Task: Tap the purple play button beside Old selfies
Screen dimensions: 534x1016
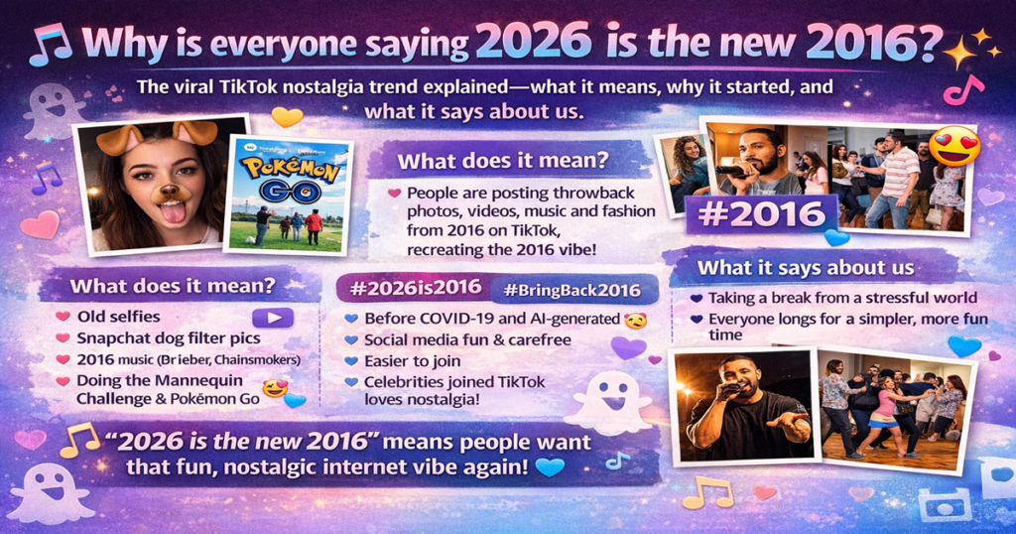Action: (x=273, y=318)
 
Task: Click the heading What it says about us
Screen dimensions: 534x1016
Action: (x=805, y=268)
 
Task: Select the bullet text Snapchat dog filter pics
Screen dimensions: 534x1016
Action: (x=155, y=336)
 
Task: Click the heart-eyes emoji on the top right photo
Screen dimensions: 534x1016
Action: (x=953, y=146)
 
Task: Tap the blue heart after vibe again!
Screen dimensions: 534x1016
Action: (x=549, y=467)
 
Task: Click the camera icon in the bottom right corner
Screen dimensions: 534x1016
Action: (x=943, y=504)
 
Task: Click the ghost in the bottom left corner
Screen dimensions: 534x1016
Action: (x=50, y=491)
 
